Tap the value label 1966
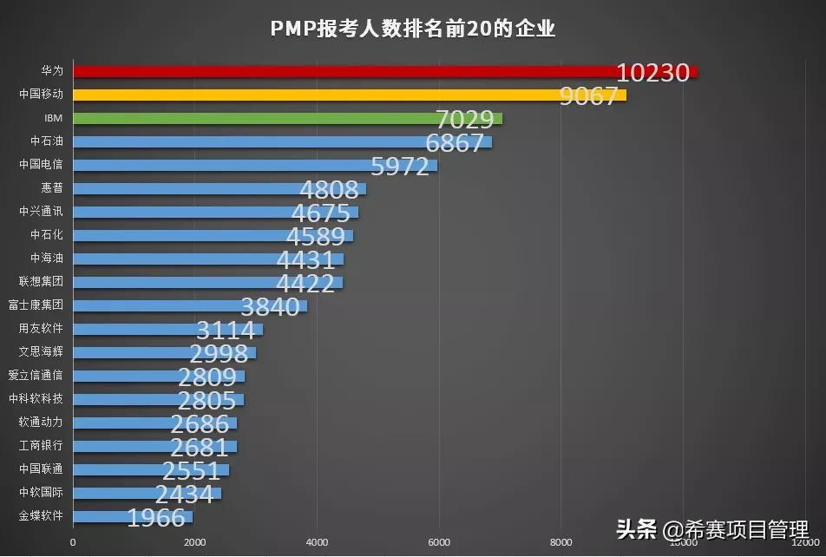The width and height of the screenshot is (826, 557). click(x=156, y=518)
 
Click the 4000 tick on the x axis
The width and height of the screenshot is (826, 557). click(x=317, y=543)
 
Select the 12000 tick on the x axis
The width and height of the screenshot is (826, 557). click(x=805, y=543)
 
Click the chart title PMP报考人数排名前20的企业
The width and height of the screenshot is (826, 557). click(x=412, y=29)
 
